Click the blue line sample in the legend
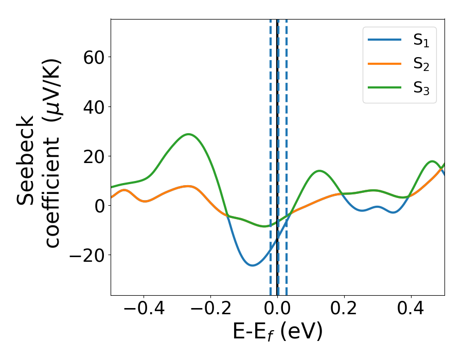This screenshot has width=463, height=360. coord(384,40)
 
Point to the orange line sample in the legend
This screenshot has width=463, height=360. coord(384,64)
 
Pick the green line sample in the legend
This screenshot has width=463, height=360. coord(384,87)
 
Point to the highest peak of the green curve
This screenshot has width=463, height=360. coord(189,134)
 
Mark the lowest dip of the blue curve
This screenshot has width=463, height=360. coord(252,265)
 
